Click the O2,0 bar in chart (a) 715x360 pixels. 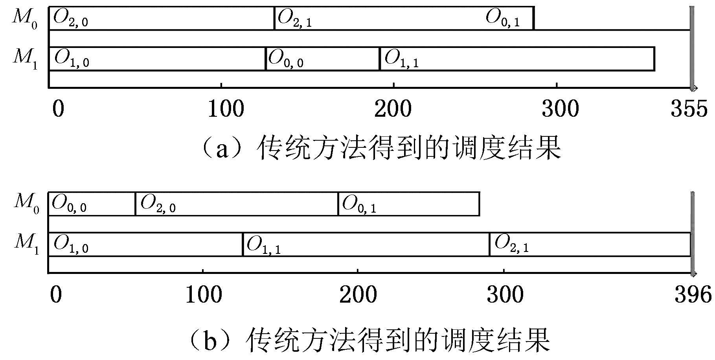pyautogui.click(x=162, y=18)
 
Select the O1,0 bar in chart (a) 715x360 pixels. pyautogui.click(x=157, y=59)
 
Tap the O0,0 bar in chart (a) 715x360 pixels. pyautogui.click(x=323, y=59)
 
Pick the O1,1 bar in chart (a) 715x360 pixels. pyautogui.click(x=517, y=59)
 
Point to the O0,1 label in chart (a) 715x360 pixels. pyautogui.click(x=503, y=18)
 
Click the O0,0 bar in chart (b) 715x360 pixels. pyautogui.click(x=92, y=204)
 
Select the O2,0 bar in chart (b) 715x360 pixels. pyautogui.click(x=237, y=204)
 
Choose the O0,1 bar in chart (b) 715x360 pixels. pyautogui.click(x=409, y=204)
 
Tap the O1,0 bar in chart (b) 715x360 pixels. pyautogui.click(x=145, y=244)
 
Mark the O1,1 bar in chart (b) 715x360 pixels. pyautogui.click(x=366, y=244)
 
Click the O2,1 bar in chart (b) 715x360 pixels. pyautogui.click(x=590, y=244)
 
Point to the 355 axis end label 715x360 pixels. pyautogui.click(x=689, y=108)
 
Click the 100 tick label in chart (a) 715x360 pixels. pyautogui.click(x=226, y=108)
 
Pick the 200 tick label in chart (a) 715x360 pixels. pyautogui.click(x=393, y=108)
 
